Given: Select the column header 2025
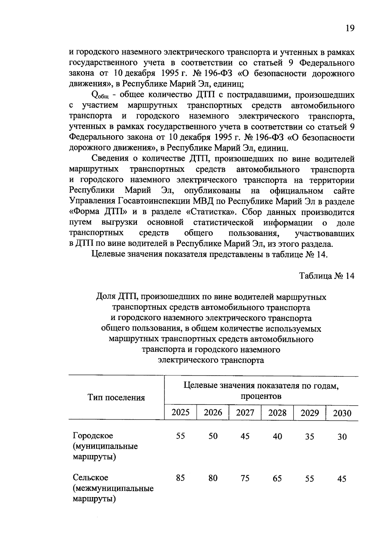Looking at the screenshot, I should [x=181, y=412].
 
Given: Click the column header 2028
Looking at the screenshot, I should [x=277, y=413].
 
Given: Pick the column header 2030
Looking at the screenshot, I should [x=342, y=413].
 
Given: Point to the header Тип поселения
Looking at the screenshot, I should [x=116, y=397].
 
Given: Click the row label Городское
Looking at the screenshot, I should [x=93, y=435].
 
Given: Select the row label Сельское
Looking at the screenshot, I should [x=90, y=478].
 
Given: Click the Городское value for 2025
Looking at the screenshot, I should [x=181, y=436].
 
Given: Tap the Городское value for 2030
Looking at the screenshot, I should [x=342, y=437].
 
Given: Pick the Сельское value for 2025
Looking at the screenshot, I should [x=181, y=478].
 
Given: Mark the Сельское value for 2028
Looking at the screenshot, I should [x=277, y=478].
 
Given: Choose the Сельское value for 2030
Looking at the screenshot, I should [x=342, y=479].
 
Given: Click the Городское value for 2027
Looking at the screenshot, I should [x=245, y=436].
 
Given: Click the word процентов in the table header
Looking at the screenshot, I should [x=261, y=396].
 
